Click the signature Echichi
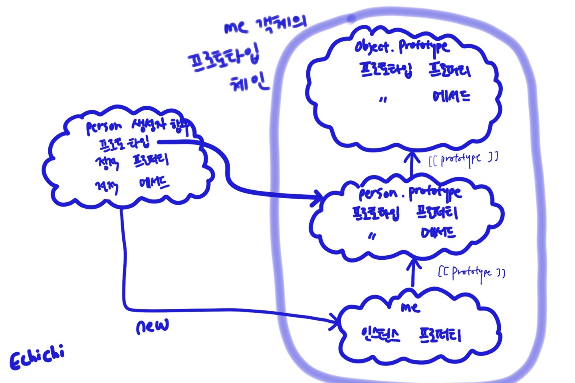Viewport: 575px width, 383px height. [37, 356]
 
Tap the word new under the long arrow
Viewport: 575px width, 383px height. [152, 326]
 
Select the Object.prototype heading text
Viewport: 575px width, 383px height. [402, 47]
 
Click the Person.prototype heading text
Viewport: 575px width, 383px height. [410, 193]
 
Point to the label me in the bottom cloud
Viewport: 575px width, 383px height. [410, 307]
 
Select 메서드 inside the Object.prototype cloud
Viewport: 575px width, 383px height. [452, 97]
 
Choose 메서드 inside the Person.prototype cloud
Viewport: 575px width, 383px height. [438, 233]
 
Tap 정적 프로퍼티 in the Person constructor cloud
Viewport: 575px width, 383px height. [132, 162]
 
